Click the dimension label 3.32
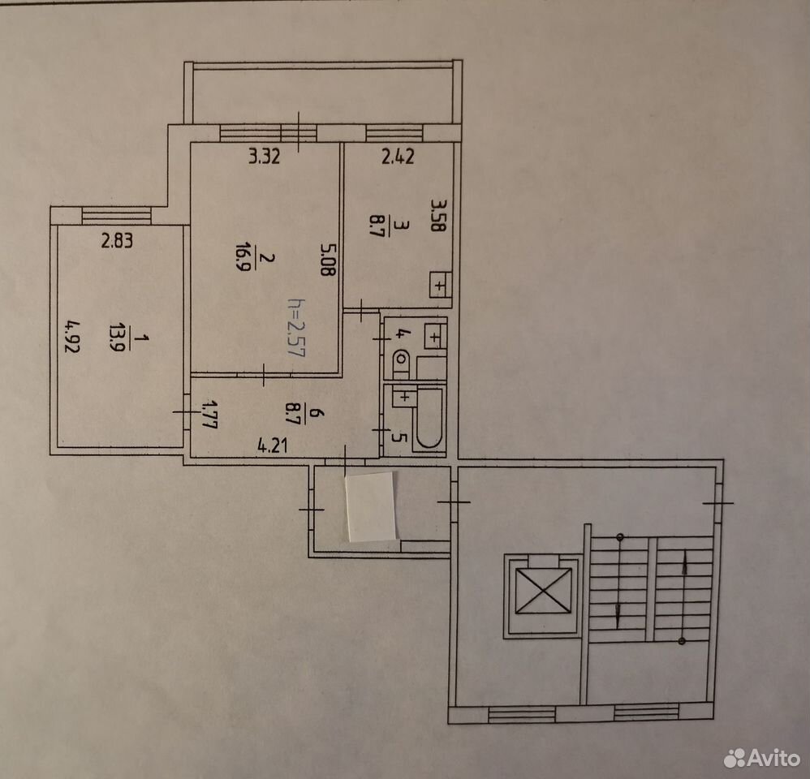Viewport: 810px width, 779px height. pyautogui.click(x=265, y=156)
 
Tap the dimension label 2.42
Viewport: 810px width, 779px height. pyautogui.click(x=398, y=156)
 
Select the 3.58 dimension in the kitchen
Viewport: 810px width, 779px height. pyautogui.click(x=438, y=215)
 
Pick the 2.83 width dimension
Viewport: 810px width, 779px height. pyautogui.click(x=117, y=241)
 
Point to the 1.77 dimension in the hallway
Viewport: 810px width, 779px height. pyautogui.click(x=209, y=415)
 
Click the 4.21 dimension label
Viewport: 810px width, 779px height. pyautogui.click(x=272, y=445)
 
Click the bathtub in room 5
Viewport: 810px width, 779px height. pyautogui.click(x=429, y=418)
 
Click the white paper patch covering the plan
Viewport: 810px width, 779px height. pyautogui.click(x=371, y=507)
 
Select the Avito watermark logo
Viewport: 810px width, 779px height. pyautogui.click(x=762, y=757)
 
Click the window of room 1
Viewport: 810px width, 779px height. pyautogui.click(x=117, y=215)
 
